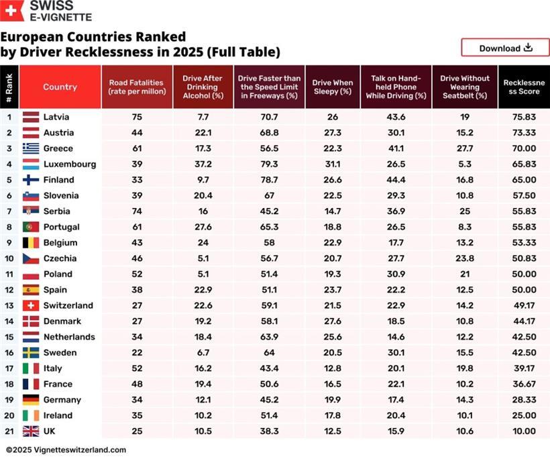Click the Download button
point(505,48)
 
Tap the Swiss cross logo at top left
point(11,11)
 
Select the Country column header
point(60,87)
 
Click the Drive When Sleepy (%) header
point(332,87)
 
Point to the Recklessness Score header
point(523,87)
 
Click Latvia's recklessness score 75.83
point(523,117)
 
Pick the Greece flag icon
point(31,148)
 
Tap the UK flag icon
point(31,431)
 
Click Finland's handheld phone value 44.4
point(396,180)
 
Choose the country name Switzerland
point(68,305)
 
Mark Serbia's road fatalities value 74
point(137,211)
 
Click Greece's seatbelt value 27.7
point(464,148)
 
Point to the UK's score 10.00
point(523,431)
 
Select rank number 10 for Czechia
point(9,258)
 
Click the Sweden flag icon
point(31,352)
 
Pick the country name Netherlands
point(69,337)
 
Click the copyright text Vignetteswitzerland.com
point(66,450)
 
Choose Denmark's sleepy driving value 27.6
point(332,321)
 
